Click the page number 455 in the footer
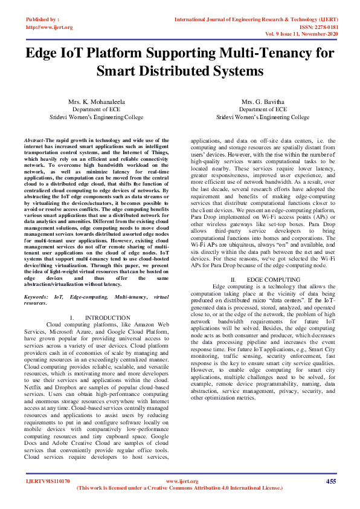pyautogui.click(x=331, y=481)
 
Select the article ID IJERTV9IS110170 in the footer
pyautogui.click(x=48, y=481)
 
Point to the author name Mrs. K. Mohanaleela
pyautogui.click(x=90, y=102)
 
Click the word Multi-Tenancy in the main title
pyautogui.click(x=259, y=53)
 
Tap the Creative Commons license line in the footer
pyautogui.click(x=179, y=488)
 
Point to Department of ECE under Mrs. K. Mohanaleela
pyautogui.click(x=90, y=109)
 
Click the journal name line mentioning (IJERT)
pyautogui.click(x=256, y=19)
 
